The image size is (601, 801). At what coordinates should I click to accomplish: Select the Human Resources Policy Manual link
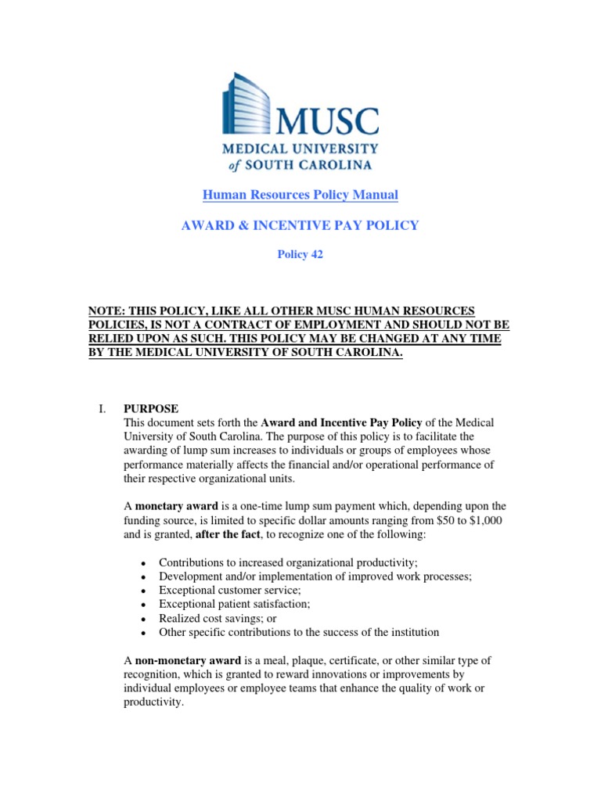pos(300,195)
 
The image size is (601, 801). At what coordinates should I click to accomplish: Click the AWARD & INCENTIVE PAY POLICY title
pos(300,225)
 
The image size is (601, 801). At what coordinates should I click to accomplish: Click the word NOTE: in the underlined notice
pos(109,311)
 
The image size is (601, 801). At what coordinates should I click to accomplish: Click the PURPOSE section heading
pos(151,408)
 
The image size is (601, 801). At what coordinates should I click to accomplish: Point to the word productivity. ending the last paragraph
pos(153,702)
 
